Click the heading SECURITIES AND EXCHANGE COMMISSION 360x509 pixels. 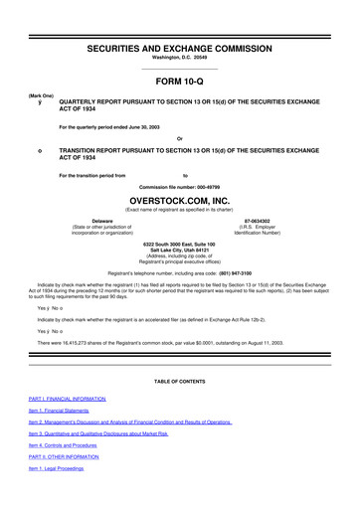179,48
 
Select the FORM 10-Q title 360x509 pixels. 179,83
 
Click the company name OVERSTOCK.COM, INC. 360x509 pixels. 179,198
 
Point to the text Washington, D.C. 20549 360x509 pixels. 179,61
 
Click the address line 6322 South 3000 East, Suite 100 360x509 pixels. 179,244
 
